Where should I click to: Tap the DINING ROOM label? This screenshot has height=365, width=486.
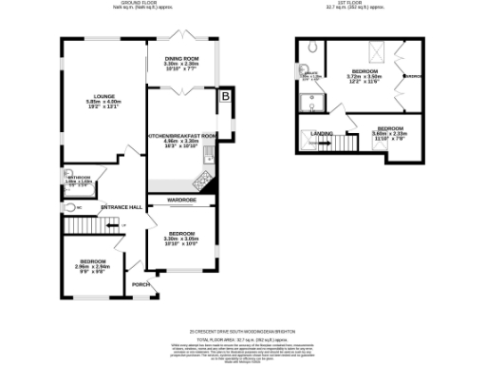tap(175, 58)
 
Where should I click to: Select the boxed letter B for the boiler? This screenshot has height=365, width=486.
tap(225, 96)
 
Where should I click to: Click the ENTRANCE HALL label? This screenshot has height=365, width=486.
tap(121, 206)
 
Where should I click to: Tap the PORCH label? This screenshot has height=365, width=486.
tap(140, 283)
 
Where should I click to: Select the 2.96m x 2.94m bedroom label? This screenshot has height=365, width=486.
tap(93, 261)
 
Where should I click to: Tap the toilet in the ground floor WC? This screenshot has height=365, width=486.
tap(71, 206)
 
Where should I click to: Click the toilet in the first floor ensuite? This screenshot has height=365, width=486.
tap(313, 47)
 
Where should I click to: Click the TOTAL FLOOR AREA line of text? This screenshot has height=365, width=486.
tap(242, 337)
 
